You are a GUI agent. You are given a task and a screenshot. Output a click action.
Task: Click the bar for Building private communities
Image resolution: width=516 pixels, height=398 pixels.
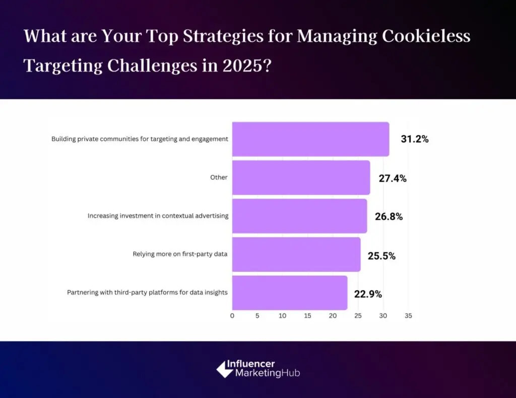[x=310, y=139]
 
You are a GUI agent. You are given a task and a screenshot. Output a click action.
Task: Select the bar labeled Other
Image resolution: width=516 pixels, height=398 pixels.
[x=301, y=177]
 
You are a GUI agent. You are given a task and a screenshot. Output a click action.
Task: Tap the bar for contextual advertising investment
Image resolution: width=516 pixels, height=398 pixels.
[x=299, y=216]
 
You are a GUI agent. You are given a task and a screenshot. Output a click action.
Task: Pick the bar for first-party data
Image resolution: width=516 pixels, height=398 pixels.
[x=296, y=254]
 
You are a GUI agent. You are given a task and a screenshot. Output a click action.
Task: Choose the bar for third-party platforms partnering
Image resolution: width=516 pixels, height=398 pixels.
[x=289, y=292]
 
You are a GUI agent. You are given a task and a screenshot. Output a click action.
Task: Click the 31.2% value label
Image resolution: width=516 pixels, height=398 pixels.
[x=414, y=139]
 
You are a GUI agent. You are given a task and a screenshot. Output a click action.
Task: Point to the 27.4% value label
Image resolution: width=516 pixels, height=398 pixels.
[x=392, y=178]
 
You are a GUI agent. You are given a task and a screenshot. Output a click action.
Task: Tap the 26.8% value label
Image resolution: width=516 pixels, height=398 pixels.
[x=389, y=217]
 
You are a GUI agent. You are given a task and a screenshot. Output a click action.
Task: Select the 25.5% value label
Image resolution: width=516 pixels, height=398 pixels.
[x=381, y=256]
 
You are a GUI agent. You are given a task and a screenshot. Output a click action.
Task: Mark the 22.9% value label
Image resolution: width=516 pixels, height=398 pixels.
[x=368, y=294]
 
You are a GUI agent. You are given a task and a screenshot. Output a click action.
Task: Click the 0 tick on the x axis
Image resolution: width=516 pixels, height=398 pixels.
[x=232, y=316]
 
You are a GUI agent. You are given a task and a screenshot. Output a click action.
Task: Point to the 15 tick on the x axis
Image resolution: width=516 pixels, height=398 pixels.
[x=307, y=316]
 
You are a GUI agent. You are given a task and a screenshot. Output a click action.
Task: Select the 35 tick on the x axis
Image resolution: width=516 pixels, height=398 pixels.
[x=408, y=316]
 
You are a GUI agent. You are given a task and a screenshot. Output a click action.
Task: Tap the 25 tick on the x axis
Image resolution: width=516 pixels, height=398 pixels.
[x=358, y=316]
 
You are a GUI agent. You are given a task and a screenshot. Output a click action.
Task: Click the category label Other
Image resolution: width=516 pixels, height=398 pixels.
[x=219, y=177]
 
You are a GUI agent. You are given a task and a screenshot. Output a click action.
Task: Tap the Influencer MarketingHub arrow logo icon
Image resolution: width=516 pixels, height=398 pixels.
[x=225, y=369]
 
